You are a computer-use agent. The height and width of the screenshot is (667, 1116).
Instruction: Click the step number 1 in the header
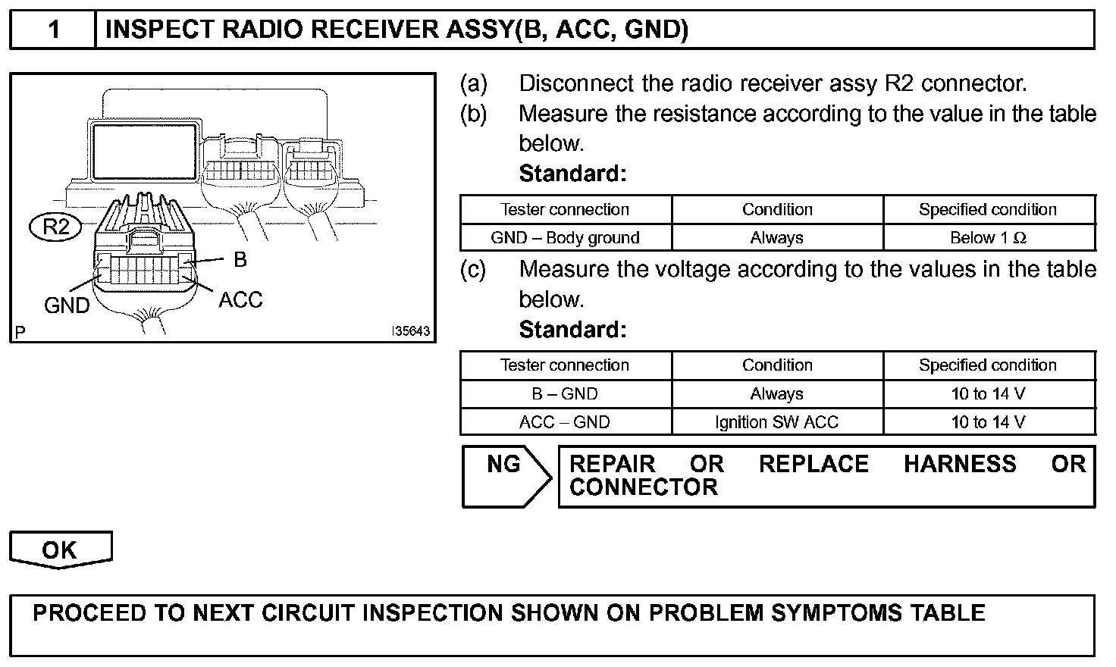53,30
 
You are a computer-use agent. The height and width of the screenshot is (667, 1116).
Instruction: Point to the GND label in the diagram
67,305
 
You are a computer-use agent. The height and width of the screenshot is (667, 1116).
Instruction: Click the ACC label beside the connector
240,300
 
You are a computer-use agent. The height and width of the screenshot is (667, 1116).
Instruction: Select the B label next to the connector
240,260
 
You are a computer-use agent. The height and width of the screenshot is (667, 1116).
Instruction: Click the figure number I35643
410,331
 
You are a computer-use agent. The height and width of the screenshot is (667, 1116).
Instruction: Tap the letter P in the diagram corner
20,331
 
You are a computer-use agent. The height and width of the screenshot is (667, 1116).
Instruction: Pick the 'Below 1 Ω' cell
988,238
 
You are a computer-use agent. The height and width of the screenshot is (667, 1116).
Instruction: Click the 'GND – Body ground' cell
565,238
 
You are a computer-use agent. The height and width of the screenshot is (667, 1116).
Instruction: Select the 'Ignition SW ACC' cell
776,422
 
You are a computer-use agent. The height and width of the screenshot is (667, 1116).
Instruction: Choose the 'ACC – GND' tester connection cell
565,422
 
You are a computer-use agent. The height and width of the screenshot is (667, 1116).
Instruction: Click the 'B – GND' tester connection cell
565,394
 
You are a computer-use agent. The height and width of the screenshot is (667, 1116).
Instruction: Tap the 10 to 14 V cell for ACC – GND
988,422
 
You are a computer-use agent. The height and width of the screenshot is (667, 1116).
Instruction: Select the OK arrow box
60,550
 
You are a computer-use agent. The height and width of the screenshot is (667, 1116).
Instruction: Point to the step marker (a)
474,83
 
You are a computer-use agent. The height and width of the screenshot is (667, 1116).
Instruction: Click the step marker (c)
474,270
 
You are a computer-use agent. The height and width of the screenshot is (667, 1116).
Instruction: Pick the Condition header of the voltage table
776,365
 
